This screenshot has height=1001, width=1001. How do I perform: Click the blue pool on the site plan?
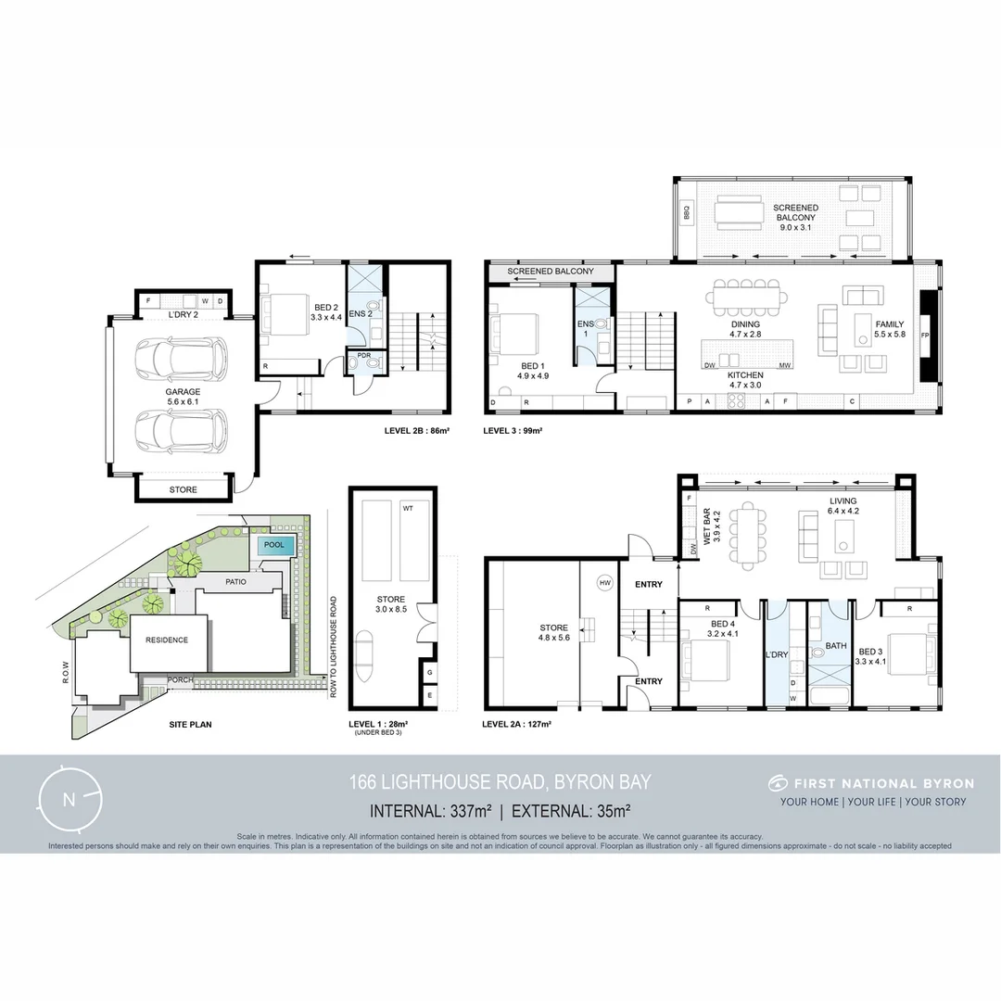click(275, 546)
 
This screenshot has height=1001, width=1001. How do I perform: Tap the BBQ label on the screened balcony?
click(687, 213)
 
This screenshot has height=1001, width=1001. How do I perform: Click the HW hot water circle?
click(604, 582)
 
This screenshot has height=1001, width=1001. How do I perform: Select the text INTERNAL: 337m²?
click(431, 811)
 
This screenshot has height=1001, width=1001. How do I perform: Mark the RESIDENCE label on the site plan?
click(167, 640)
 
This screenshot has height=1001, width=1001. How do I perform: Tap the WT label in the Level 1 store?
click(408, 509)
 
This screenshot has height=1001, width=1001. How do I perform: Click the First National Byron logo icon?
click(777, 783)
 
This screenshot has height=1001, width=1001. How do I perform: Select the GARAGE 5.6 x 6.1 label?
click(183, 398)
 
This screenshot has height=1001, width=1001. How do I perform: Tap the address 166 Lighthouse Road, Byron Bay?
click(500, 782)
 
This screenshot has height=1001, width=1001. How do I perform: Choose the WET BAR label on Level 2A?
click(706, 526)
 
